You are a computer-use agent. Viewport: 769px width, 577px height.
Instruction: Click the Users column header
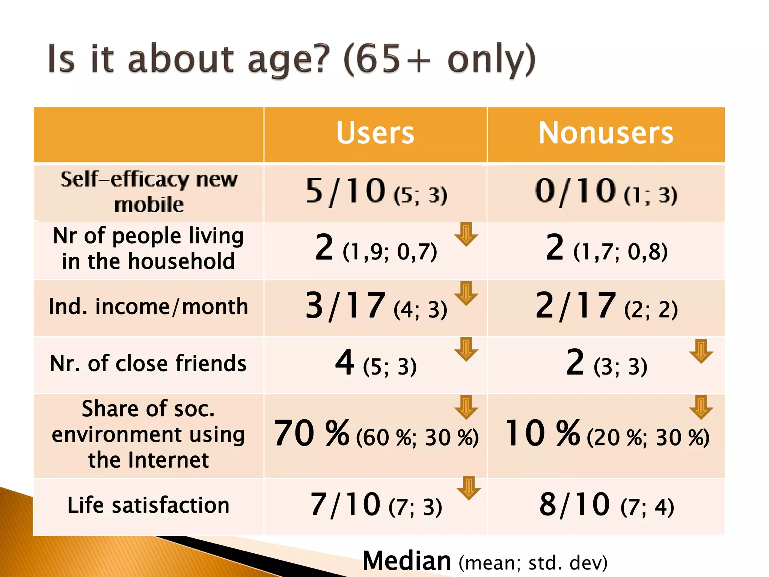tap(375, 133)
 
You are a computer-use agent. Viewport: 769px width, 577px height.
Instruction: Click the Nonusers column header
tap(606, 133)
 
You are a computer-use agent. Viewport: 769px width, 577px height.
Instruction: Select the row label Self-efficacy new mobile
tap(149, 192)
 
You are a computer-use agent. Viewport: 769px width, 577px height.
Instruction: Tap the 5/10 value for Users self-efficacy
tap(346, 191)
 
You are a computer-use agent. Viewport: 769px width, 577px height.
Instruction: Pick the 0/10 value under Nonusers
tap(576, 191)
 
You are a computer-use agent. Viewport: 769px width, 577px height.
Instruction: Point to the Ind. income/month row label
tap(149, 307)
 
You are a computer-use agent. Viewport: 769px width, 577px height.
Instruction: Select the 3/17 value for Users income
tap(346, 306)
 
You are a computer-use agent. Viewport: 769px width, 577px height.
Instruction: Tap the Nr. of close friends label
tap(149, 364)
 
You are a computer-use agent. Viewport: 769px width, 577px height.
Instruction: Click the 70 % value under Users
tap(312, 434)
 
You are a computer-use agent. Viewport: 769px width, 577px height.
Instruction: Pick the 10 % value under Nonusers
tap(543, 434)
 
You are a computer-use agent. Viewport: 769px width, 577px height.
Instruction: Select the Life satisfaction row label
tap(149, 505)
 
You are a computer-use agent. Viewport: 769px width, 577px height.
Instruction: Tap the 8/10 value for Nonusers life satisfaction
tap(575, 504)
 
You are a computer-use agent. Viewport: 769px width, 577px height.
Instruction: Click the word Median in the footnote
tap(407, 561)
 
